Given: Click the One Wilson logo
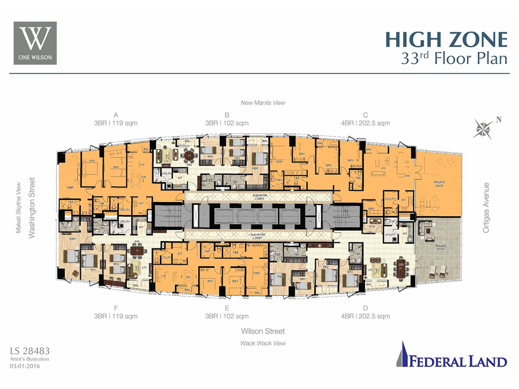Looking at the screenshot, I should [35, 43].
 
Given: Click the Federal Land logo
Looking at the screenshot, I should [452, 356].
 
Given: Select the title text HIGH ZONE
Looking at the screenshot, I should [446, 40].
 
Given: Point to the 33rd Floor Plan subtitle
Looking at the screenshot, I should [454, 59].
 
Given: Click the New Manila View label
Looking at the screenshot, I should [263, 103].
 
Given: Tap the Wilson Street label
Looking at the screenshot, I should [263, 331].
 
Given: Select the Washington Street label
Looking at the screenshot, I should [32, 207].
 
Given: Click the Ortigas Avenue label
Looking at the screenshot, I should [486, 207].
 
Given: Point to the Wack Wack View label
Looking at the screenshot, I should [263, 343].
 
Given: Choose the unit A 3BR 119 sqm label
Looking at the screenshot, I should [116, 119].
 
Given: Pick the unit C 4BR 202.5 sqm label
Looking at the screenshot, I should [365, 119].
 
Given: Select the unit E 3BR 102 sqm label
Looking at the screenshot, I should [227, 312].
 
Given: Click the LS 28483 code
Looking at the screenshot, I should [30, 351].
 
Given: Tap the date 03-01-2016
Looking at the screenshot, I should [25, 366].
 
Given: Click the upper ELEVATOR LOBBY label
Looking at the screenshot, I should [259, 197].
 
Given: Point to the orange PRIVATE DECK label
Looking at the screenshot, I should [440, 184].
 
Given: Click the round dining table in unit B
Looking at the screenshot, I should [189, 155].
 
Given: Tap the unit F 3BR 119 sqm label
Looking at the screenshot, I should [116, 312].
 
